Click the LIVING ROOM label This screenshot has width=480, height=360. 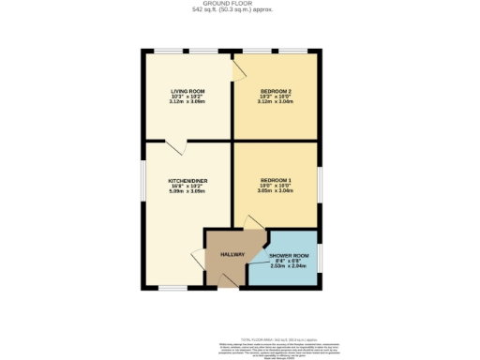[187, 91]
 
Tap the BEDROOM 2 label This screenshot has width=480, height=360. [277, 91]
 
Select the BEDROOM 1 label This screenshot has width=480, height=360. [277, 179]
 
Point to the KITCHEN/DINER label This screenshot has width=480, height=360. [187, 179]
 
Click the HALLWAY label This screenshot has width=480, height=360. [232, 255]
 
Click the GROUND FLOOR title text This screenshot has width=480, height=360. [240, 4]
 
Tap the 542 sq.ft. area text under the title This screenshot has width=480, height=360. [240, 10]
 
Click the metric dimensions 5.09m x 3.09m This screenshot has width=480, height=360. [187, 191]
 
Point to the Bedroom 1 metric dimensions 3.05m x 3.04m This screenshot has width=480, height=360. [277, 191]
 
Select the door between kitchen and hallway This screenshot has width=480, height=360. [198, 259]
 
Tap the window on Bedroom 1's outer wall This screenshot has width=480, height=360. [319, 183]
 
